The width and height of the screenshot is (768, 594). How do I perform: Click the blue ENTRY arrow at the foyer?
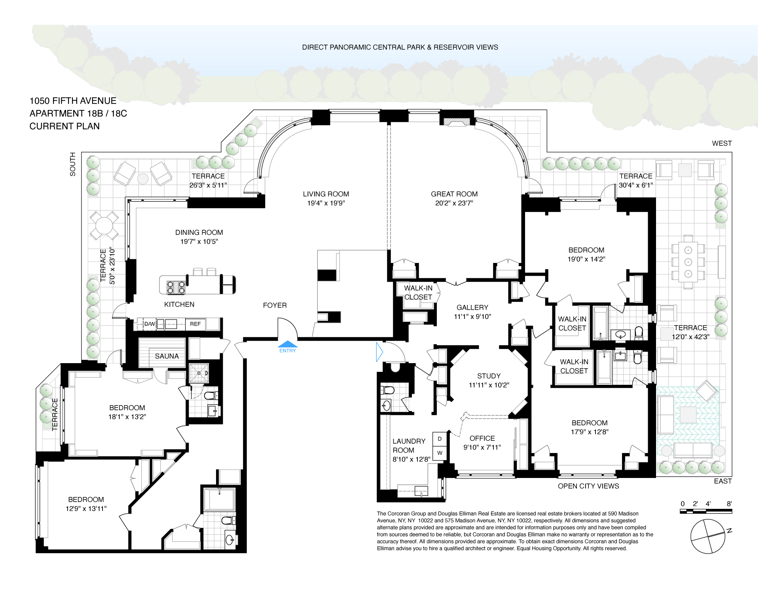[288, 344]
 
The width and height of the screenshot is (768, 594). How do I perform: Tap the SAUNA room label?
[167, 356]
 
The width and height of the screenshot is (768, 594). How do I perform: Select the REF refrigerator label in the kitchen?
[195, 324]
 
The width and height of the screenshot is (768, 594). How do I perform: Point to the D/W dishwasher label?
[150, 324]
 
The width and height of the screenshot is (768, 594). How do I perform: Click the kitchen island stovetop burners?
[176, 287]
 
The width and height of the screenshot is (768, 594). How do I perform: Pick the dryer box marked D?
[440, 439]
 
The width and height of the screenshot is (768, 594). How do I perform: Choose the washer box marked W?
[440, 453]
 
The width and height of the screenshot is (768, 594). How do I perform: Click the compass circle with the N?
[708, 536]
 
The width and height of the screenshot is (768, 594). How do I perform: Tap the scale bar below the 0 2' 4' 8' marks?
[706, 511]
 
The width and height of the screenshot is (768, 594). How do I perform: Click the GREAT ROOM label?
[454, 194]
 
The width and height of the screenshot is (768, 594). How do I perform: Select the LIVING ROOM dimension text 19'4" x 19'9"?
[326, 203]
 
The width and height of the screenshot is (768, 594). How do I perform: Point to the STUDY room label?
[489, 376]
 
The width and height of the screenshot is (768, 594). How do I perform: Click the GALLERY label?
[472, 307]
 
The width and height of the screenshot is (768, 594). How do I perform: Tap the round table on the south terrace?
[104, 226]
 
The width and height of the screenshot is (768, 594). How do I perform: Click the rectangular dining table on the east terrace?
[688, 262]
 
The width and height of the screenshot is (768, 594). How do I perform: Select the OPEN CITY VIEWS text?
[588, 486]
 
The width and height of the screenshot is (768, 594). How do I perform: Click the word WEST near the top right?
[722, 143]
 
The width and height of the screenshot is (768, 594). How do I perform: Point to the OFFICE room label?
[482, 438]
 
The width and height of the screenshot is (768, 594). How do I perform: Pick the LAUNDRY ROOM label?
[409, 445]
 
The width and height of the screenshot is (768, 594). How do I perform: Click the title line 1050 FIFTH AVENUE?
[73, 101]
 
